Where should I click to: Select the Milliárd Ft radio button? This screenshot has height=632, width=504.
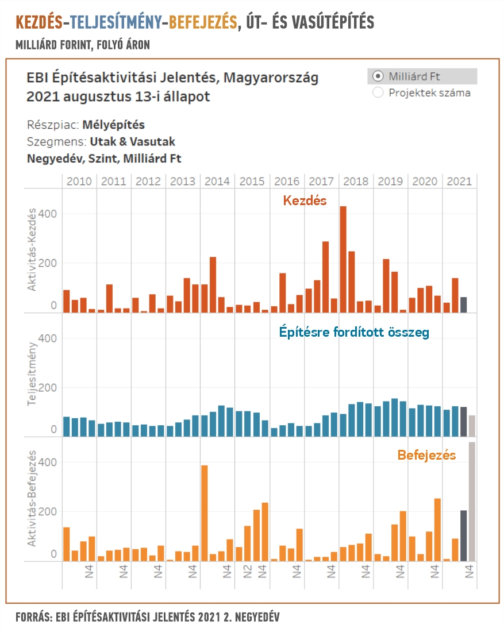point(378,76)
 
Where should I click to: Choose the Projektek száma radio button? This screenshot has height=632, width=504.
point(378,93)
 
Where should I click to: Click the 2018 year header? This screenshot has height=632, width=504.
point(356,182)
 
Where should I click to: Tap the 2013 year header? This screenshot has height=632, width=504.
point(183,182)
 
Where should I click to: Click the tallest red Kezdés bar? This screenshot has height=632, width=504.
point(343,259)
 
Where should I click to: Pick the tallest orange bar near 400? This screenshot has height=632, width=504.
point(205,513)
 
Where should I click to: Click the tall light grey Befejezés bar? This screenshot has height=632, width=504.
point(472,502)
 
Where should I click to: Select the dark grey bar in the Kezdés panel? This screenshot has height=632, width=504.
point(464,305)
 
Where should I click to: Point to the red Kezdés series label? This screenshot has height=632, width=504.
point(305,201)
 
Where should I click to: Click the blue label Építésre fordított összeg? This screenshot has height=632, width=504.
point(354,332)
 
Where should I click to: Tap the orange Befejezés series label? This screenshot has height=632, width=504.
point(426,455)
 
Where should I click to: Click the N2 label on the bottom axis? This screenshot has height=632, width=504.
point(247,572)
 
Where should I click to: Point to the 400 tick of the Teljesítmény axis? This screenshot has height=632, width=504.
point(48,338)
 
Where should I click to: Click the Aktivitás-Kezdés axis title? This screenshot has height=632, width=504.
point(32,249)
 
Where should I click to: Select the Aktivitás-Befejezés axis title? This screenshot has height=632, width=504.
point(32,498)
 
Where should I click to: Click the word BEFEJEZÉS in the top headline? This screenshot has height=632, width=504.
point(203,22)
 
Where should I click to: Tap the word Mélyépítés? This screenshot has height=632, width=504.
point(113,125)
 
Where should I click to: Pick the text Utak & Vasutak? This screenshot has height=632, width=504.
point(132,142)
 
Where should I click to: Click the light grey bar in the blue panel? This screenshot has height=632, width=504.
point(472,426)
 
